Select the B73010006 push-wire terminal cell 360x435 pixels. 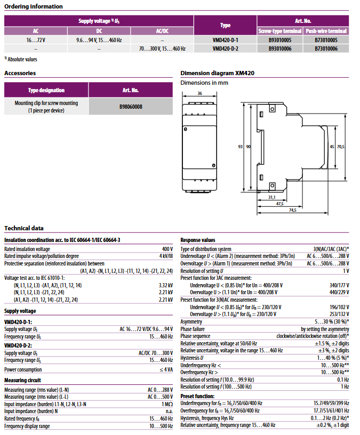(326, 49)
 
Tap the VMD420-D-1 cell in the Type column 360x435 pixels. (225, 40)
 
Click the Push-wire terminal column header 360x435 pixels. (326, 31)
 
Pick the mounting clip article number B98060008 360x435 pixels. (131, 107)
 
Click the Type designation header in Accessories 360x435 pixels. (46, 91)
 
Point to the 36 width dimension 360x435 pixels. (199, 93)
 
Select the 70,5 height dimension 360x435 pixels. (341, 147)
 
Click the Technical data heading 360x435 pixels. (24, 228)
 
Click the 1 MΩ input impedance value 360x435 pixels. (167, 404)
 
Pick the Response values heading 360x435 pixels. (198, 240)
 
